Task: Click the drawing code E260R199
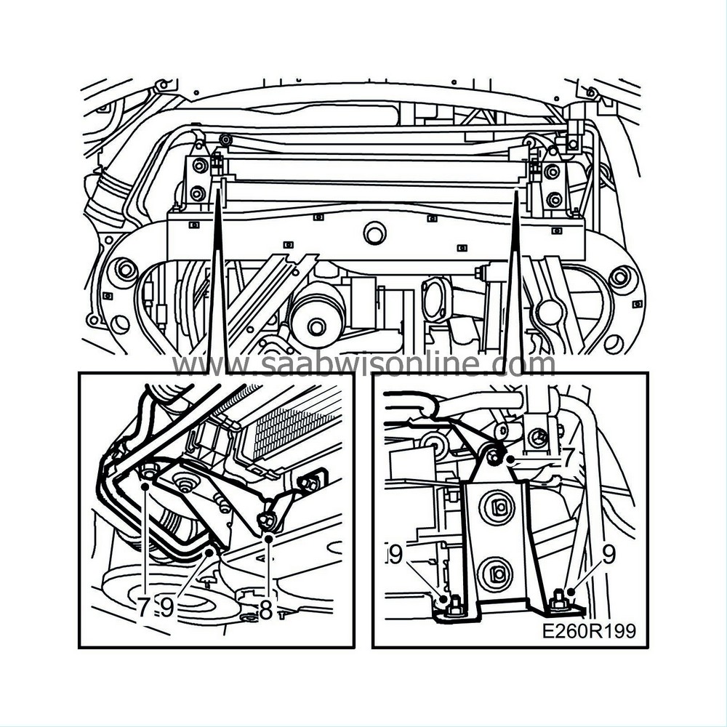point(589,632)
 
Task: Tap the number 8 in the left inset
point(266,609)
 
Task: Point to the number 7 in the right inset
point(569,456)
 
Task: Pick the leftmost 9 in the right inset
point(396,556)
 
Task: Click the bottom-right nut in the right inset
point(560,601)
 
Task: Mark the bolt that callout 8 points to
point(267,521)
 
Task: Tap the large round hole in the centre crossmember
point(376,234)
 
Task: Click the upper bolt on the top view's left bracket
point(198,166)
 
